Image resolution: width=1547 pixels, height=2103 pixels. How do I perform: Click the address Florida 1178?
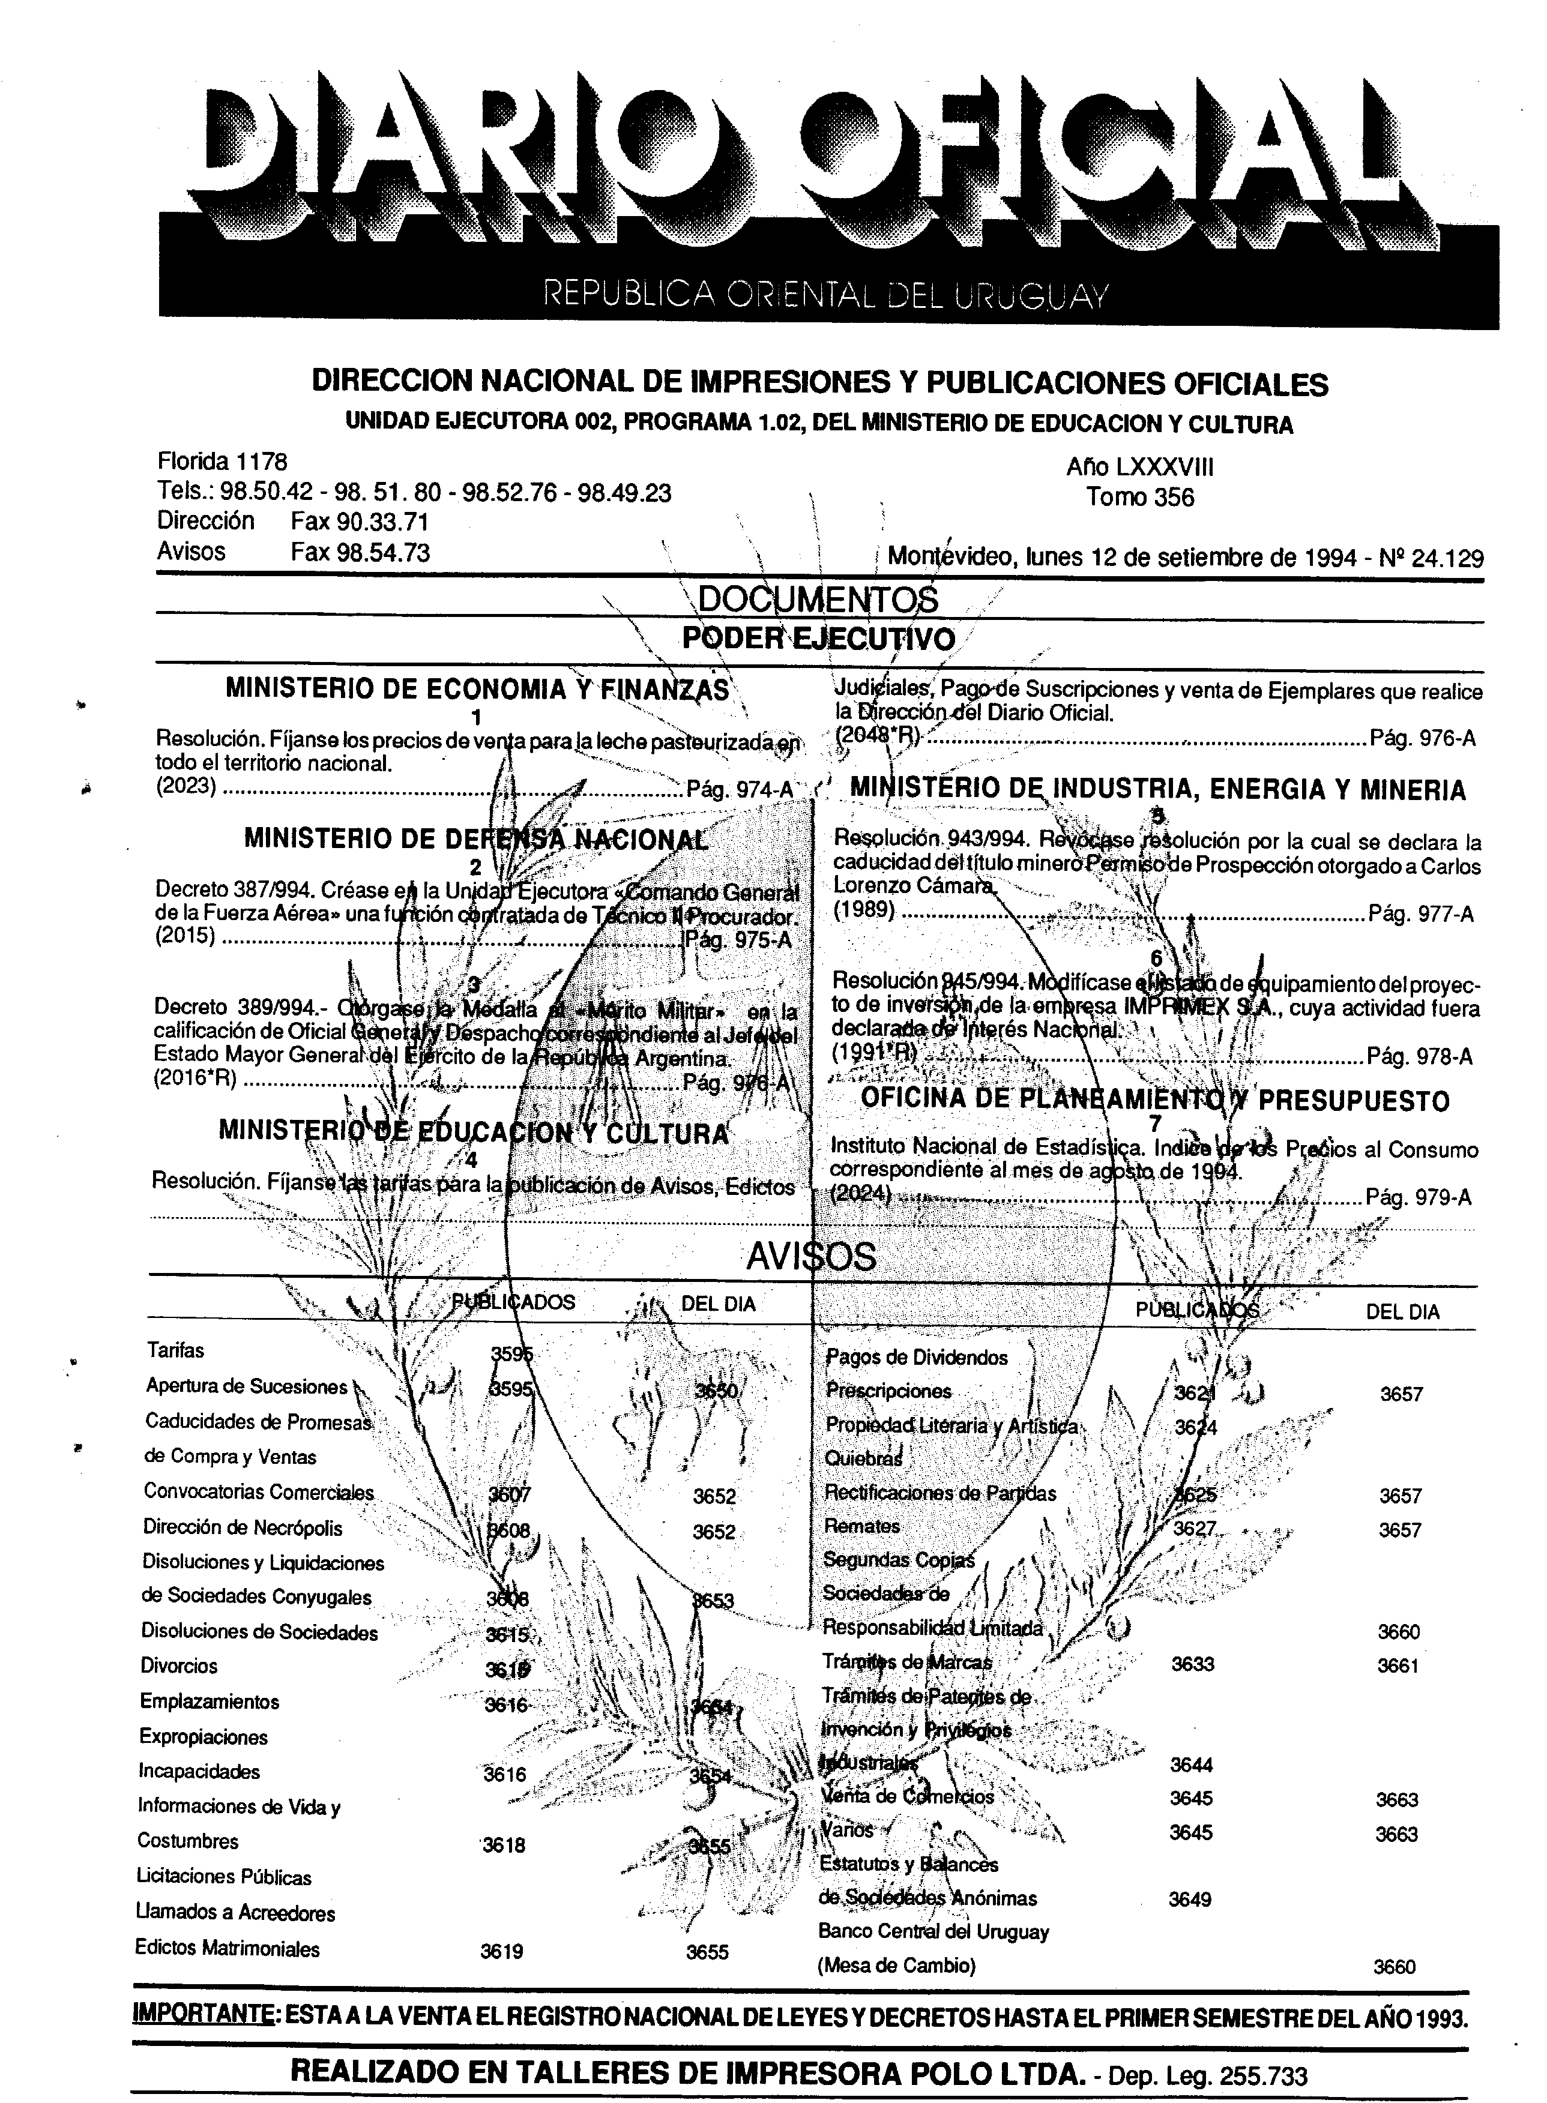tap(222, 462)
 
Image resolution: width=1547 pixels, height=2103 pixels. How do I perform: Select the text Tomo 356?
tap(1139, 497)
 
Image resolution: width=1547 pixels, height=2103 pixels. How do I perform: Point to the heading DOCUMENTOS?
tap(818, 599)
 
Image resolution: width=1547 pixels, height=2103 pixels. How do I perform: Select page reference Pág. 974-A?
tap(739, 789)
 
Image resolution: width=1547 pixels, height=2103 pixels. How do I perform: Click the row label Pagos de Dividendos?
tap(917, 1358)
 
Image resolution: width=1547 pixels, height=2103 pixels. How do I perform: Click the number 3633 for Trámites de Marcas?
tap(1192, 1664)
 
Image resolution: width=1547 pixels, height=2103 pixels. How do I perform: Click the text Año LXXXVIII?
tap(1139, 466)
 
